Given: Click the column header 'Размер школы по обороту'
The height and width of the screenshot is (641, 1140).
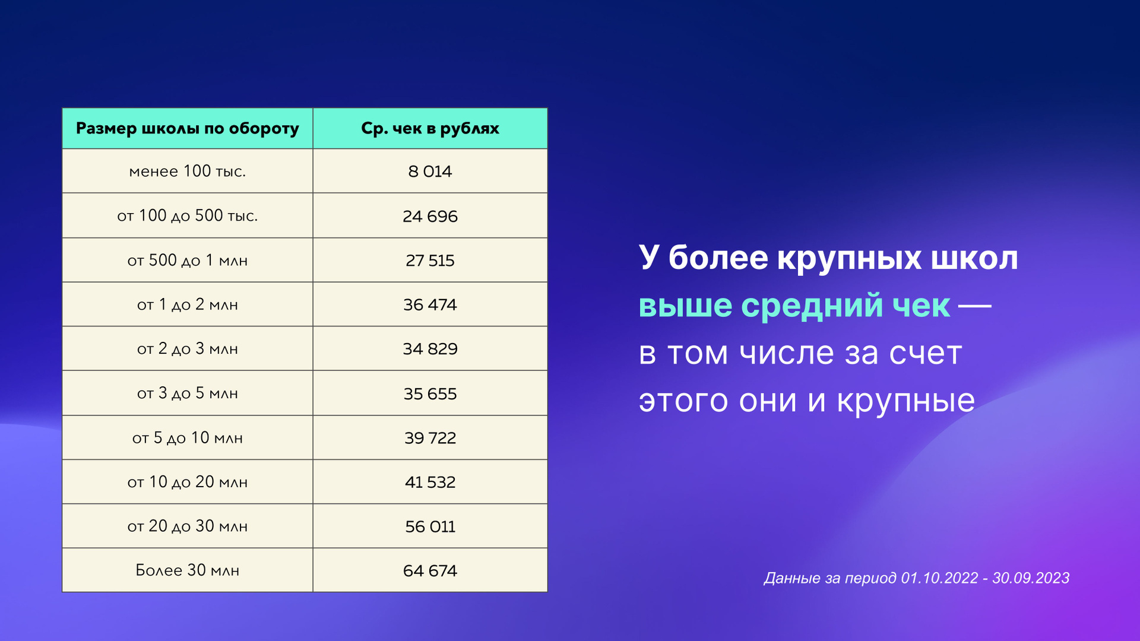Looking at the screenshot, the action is point(188,129).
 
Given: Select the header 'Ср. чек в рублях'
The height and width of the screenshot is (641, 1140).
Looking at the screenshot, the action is point(430,129).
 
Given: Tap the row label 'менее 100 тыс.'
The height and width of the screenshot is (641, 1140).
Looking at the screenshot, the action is point(188,171).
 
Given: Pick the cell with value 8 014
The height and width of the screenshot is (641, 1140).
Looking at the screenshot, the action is point(430,172).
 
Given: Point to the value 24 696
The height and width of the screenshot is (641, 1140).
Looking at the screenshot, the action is point(430,216).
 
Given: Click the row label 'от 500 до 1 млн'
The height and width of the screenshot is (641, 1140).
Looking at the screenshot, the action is point(188,261).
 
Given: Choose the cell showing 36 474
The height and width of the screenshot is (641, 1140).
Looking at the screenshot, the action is point(430,304).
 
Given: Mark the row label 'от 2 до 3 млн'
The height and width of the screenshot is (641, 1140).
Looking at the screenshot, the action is point(188,348).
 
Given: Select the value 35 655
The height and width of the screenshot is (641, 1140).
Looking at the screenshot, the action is point(430,394).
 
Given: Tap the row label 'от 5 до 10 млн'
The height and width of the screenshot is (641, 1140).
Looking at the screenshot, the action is point(188,438).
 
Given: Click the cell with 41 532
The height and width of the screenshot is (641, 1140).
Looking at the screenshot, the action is point(430,482).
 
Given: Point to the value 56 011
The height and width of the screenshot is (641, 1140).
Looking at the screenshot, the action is point(430,526).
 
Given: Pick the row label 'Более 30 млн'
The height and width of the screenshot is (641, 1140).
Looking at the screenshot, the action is point(188,570).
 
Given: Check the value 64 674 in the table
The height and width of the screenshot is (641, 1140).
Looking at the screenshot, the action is point(430,570).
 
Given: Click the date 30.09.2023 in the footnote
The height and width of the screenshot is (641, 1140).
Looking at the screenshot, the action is point(1031,578).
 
